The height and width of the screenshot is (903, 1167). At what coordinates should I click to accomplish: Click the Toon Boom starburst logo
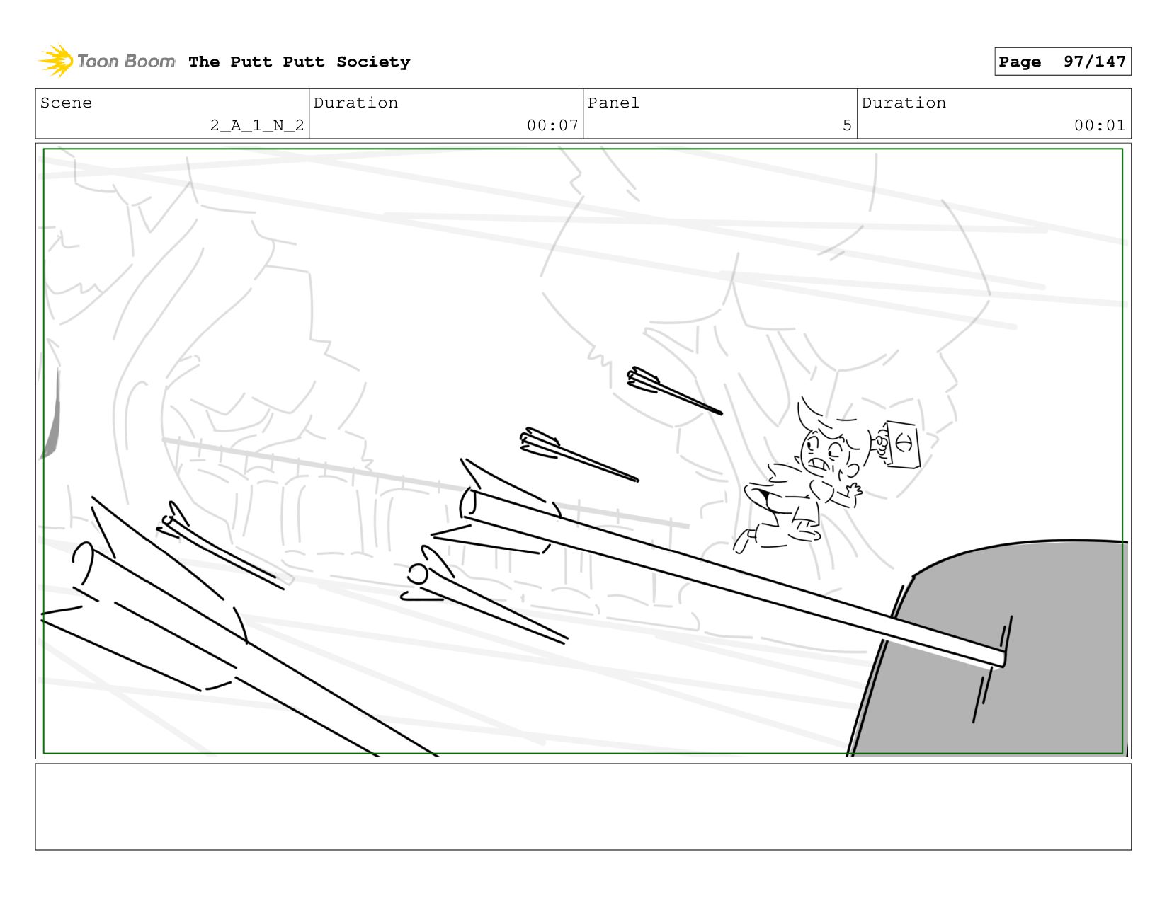(56, 61)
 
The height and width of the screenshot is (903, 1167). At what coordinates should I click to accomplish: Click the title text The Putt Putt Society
(299, 62)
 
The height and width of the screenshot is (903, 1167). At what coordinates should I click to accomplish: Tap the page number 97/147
(1094, 61)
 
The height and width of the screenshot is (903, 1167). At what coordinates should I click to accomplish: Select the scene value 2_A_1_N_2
(257, 125)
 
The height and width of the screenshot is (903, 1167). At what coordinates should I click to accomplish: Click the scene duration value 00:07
(552, 125)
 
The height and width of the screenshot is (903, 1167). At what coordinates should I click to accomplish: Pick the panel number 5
(847, 125)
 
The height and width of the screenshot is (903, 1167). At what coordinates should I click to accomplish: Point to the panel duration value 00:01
(1099, 125)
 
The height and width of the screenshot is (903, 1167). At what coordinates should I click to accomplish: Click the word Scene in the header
(66, 103)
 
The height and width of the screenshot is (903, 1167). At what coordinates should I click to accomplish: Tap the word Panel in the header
(613, 103)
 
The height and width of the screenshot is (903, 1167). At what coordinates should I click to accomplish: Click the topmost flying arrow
(675, 391)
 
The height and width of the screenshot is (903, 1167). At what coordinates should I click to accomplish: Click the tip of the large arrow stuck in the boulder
(1003, 660)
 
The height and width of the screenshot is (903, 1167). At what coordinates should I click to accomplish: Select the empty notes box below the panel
(583, 807)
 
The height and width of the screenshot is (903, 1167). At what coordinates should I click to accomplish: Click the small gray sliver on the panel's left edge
(51, 418)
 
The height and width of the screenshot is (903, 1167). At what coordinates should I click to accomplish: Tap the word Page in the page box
(1019, 62)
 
